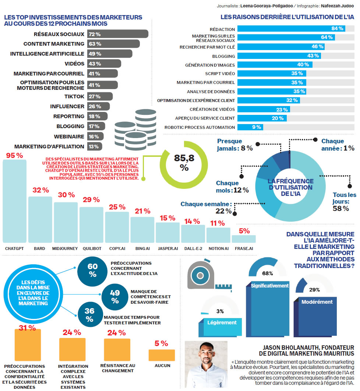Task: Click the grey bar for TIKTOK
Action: tap(94, 96)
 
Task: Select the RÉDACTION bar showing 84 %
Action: tap(291, 29)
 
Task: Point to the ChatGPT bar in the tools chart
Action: tap(15, 201)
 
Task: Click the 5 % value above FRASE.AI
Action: tap(244, 231)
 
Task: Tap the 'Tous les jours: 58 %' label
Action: tap(345, 202)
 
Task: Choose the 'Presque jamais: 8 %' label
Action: tap(234, 145)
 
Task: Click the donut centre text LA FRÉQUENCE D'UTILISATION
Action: tap(291, 187)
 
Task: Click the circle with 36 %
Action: tap(89, 315)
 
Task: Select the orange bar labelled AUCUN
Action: tap(162, 355)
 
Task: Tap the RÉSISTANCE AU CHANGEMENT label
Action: tap(117, 368)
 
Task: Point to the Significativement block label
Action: tap(270, 286)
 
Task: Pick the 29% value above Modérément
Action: tap(314, 290)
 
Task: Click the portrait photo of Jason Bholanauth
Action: tap(206, 364)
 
